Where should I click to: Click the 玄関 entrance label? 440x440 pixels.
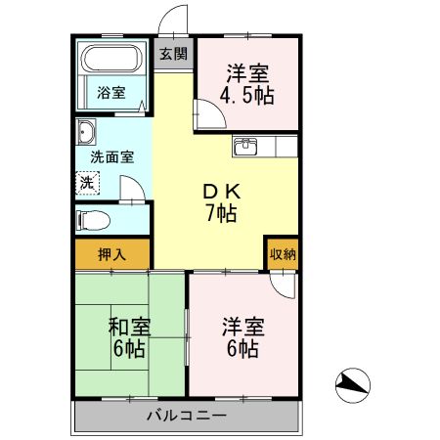(175, 55)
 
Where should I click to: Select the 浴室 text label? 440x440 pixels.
(111, 93)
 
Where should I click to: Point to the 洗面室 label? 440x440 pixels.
(112, 156)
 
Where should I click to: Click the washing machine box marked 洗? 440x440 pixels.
(87, 182)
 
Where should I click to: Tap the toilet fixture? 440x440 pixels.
(90, 218)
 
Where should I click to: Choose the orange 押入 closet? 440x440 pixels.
(111, 253)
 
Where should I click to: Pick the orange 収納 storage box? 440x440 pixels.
(283, 253)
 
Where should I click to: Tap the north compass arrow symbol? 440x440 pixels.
(353, 384)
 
